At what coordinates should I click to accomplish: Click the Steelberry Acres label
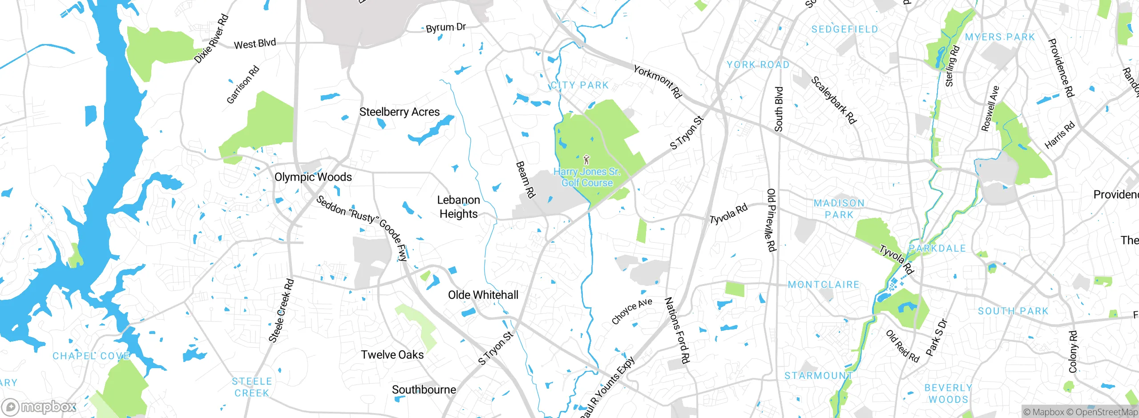pyautogui.click(x=399, y=112)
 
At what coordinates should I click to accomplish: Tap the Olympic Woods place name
pyautogui.click(x=313, y=177)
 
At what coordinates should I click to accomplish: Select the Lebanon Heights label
pyautogui.click(x=459, y=207)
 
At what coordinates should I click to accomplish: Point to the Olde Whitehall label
pyautogui.click(x=483, y=295)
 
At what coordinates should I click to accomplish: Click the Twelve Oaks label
pyautogui.click(x=392, y=355)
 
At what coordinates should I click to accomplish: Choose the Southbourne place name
pyautogui.click(x=424, y=390)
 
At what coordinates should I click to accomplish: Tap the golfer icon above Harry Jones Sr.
pyautogui.click(x=586, y=159)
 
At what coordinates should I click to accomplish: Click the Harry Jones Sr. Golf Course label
pyautogui.click(x=587, y=177)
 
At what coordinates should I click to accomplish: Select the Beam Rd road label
pyautogui.click(x=525, y=179)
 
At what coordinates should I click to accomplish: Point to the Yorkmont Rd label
pyautogui.click(x=657, y=82)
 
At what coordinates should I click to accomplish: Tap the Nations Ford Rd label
pyautogui.click(x=677, y=330)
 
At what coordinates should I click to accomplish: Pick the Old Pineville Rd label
pyautogui.click(x=771, y=220)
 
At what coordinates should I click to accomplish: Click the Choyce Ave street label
pyautogui.click(x=632, y=311)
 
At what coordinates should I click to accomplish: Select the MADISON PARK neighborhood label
pyautogui.click(x=839, y=209)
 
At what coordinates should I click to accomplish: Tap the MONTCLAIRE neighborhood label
pyautogui.click(x=824, y=285)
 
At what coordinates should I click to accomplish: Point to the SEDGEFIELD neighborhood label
pyautogui.click(x=844, y=29)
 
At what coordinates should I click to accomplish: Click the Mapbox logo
pyautogui.click(x=39, y=406)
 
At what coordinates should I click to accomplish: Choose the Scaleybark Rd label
pyautogui.click(x=833, y=100)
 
